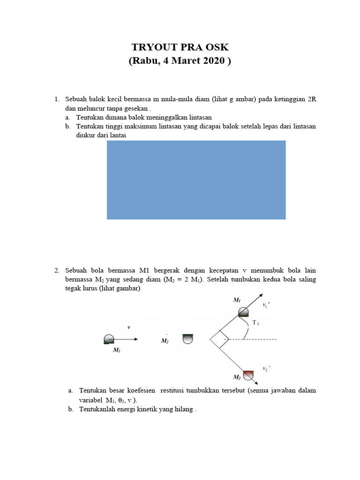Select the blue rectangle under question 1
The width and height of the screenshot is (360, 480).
[x=196, y=180]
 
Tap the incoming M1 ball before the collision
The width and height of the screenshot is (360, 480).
[x=109, y=339]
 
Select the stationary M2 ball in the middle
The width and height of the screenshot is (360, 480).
[x=187, y=339]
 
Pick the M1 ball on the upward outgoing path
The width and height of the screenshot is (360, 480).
[x=244, y=312]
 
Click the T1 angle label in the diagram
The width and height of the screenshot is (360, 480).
[x=255, y=323]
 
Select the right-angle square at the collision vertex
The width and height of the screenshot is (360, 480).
[x=219, y=339]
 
